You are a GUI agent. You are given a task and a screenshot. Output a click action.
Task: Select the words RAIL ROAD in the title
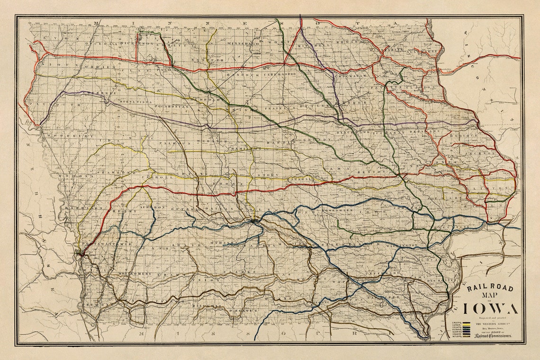[x=490, y=287]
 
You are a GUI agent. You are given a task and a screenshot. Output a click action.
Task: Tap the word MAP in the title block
[x=490, y=297]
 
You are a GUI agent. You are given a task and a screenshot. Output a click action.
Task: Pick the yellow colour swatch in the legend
[x=467, y=322]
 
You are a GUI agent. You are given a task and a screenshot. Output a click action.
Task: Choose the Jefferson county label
[x=388, y=273]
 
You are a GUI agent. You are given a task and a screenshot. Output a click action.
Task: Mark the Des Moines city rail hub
[x=255, y=220]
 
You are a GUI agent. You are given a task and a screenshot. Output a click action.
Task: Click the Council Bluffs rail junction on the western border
[x=81, y=254]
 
